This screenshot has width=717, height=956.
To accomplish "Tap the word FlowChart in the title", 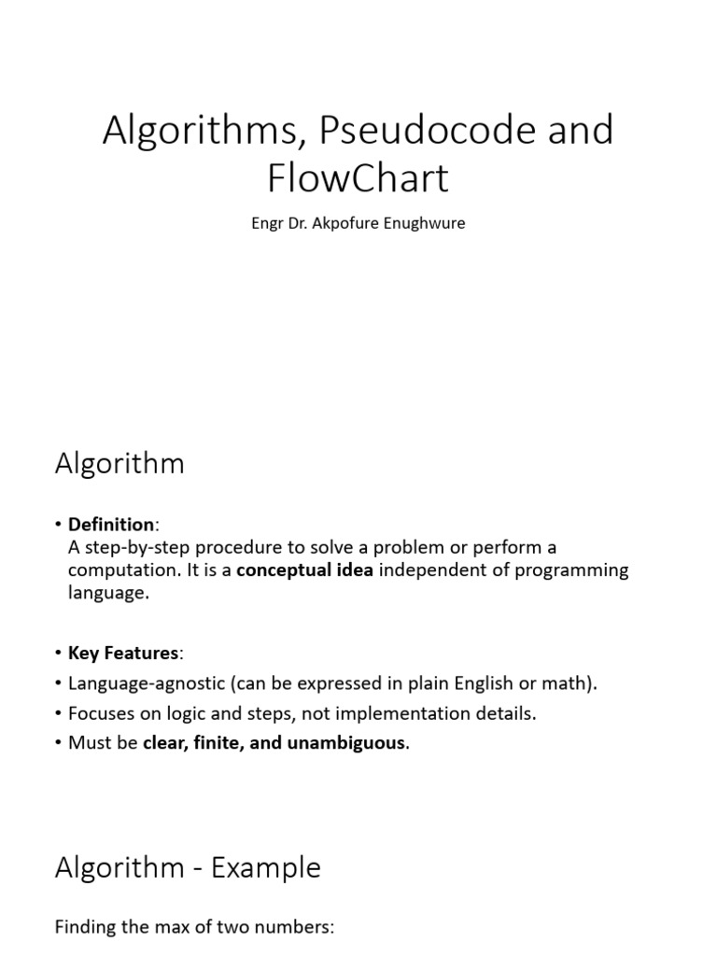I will (x=358, y=177).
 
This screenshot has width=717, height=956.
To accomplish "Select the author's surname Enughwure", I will (x=421, y=225).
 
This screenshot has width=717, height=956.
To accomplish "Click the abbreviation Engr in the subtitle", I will (x=267, y=225).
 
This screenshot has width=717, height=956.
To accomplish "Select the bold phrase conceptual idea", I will (x=304, y=569).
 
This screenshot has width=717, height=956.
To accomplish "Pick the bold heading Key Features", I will (x=122, y=653).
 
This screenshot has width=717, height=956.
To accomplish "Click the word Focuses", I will (x=103, y=713).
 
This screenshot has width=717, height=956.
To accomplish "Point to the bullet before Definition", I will (x=59, y=525).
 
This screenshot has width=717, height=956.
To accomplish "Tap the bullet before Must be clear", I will (x=59, y=743).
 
